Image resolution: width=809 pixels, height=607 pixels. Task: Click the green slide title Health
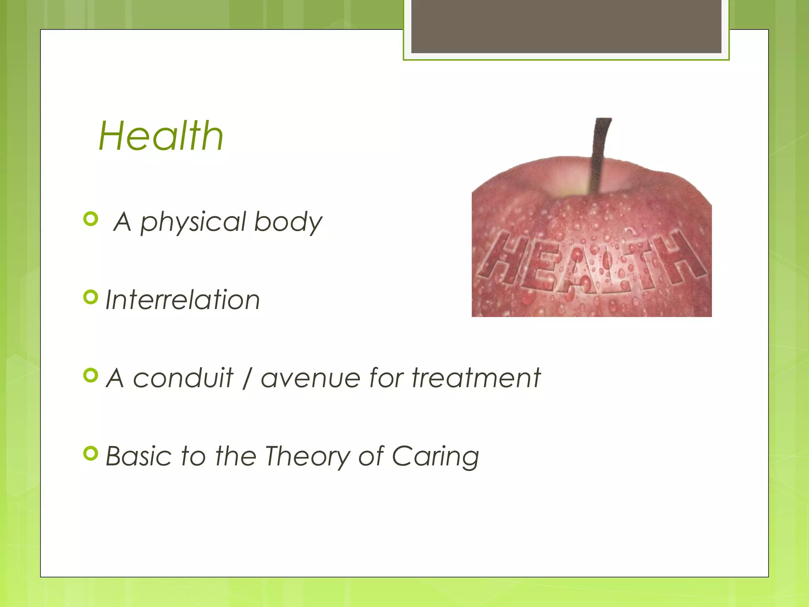click(x=161, y=136)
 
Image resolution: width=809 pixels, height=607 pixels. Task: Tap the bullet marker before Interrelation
click(x=91, y=297)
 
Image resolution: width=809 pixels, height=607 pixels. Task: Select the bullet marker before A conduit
click(x=91, y=375)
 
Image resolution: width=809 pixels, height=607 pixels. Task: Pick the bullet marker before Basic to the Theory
click(x=91, y=454)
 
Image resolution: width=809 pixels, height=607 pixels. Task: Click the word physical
click(x=194, y=222)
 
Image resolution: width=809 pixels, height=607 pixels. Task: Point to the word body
click(x=288, y=222)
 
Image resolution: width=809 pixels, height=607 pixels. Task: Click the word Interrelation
click(x=182, y=300)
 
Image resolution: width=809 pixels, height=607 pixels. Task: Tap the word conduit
click(x=183, y=378)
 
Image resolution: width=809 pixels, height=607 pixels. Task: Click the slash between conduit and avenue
click(x=247, y=378)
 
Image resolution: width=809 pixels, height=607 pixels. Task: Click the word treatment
click(x=476, y=378)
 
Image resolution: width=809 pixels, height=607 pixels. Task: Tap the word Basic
click(x=139, y=456)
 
